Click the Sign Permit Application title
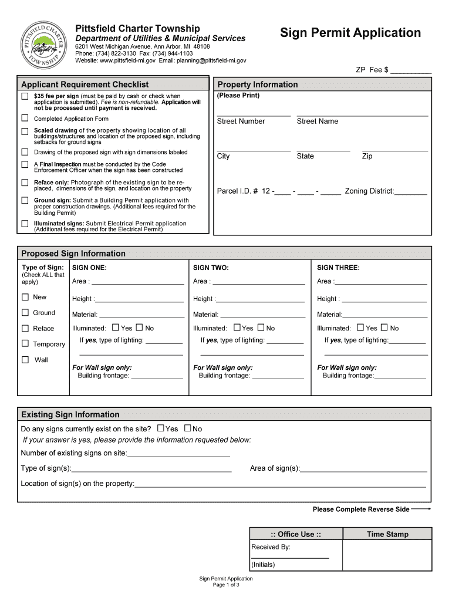(x=350, y=33)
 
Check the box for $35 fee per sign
(x=25, y=96)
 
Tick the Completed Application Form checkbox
(x=25, y=118)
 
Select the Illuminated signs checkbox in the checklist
(x=25, y=224)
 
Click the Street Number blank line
(x=254, y=114)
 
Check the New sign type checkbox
(x=25, y=297)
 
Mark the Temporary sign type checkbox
(x=25, y=343)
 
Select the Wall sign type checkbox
(x=25, y=359)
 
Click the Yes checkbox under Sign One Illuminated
(x=115, y=327)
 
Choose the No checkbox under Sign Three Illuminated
(x=384, y=327)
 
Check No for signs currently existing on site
(x=188, y=428)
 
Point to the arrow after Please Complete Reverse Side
(x=421, y=509)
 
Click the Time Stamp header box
(x=387, y=534)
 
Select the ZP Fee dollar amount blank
(x=411, y=71)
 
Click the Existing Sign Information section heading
(x=70, y=414)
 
